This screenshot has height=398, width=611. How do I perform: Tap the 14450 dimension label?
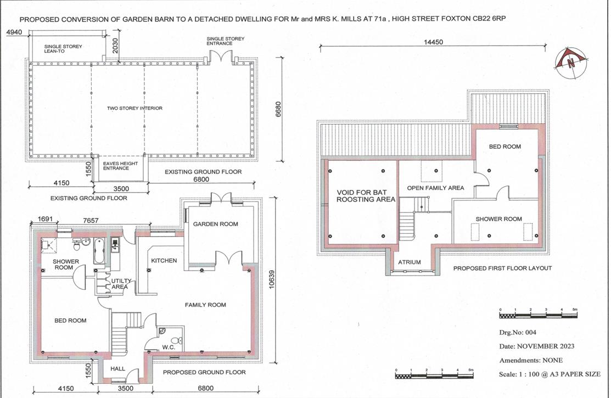[x=433, y=42]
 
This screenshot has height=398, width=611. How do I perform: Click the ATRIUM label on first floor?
[x=409, y=262]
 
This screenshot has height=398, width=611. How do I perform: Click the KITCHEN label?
[x=164, y=260]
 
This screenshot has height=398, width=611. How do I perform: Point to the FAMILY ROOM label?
[x=205, y=305]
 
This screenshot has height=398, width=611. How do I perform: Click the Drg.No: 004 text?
[x=518, y=332]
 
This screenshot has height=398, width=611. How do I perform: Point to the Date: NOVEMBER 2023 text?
[x=537, y=346]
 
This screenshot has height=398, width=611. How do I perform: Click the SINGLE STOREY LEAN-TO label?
[x=63, y=49]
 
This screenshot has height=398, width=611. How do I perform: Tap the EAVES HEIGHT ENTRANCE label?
[x=116, y=165]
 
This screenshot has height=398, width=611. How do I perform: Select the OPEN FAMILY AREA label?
[x=435, y=188]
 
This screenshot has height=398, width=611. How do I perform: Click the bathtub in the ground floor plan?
[x=99, y=250]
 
